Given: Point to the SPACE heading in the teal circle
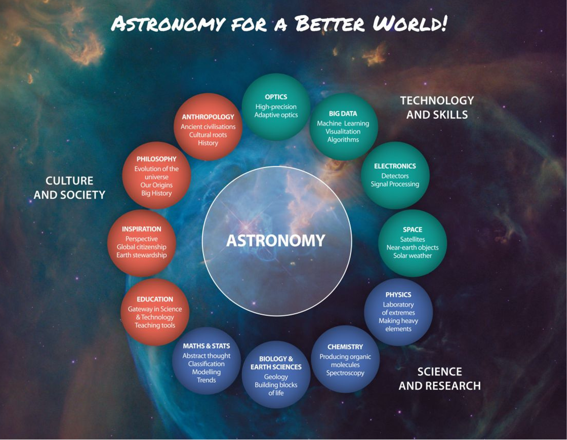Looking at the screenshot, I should [412, 230].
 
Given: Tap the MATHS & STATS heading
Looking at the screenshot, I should [206, 346].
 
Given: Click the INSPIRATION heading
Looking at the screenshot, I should [141, 229].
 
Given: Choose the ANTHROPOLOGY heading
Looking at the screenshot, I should [208, 117].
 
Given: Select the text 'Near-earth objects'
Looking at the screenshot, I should [412, 247].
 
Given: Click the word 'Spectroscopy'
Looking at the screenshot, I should [345, 373].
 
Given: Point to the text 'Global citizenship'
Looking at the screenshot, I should [141, 247].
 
